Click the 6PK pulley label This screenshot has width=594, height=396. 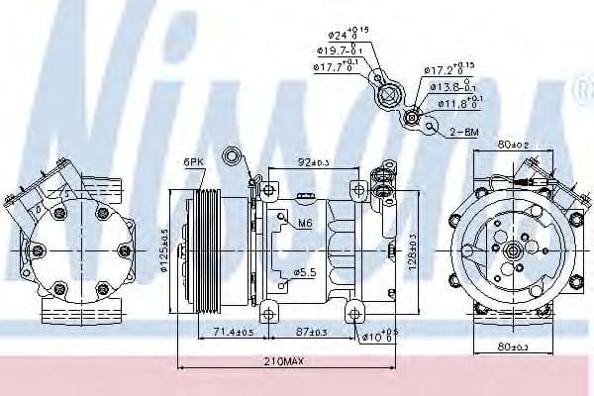194,161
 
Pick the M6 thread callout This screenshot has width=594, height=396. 307,225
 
